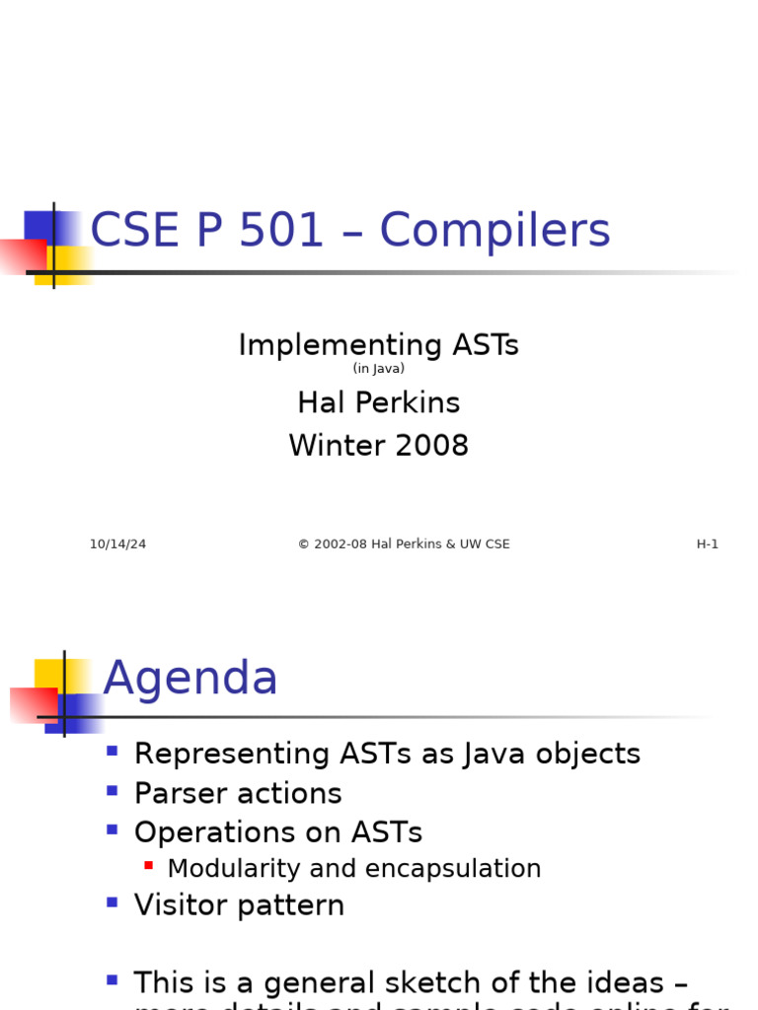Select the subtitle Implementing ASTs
(378, 345)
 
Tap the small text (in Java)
(378, 369)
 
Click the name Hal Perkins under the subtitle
(378, 402)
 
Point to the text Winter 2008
(378, 446)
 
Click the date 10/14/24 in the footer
(117, 544)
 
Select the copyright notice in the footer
(404, 544)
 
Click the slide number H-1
(707, 544)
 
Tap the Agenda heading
(190, 679)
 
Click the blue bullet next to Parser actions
(112, 791)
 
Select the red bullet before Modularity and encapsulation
(148, 866)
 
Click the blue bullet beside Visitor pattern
(112, 902)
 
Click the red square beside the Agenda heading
(32, 704)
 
